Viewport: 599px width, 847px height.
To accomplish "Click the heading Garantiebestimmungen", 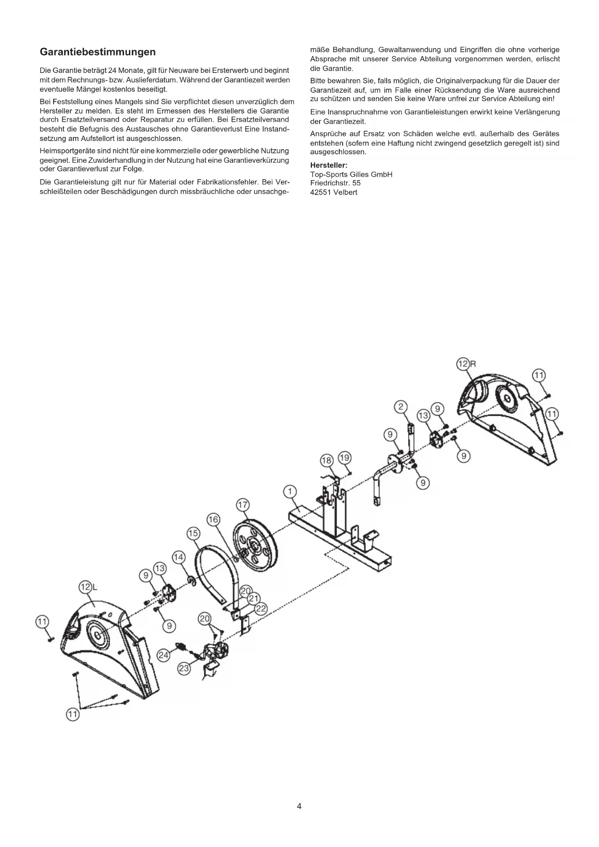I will point(98,52).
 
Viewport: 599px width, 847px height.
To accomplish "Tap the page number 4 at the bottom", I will point(299,806).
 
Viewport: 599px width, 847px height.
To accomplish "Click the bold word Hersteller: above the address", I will point(329,166).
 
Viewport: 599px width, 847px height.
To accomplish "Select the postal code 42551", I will point(320,192).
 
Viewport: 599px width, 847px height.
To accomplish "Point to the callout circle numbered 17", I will point(242,505).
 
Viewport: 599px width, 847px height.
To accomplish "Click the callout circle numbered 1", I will point(290,492).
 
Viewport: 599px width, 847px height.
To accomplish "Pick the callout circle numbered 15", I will point(193,533).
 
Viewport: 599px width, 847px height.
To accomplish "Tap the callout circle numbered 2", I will point(401,407).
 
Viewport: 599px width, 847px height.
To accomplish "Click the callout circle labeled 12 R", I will point(463,364).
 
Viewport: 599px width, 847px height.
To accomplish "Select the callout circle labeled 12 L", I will point(85,587).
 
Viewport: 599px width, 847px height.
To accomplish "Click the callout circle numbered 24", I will point(164,655).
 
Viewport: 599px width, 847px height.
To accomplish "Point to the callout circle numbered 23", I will point(184,668).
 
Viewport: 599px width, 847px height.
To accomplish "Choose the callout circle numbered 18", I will point(327,460).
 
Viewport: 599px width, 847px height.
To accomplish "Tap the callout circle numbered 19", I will point(344,457).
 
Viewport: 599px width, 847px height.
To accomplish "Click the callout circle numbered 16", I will point(213,520).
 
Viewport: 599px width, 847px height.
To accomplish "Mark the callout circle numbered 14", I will point(179,557).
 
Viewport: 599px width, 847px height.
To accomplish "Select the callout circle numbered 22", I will point(261,609).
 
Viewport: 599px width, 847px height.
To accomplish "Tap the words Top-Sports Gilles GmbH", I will point(351,174).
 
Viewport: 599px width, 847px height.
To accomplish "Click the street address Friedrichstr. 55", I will point(335,183).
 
